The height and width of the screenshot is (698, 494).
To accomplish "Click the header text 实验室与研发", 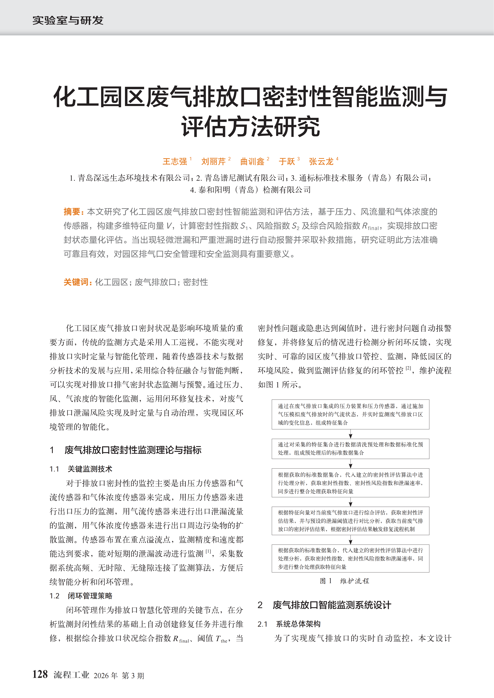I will [x=68, y=20].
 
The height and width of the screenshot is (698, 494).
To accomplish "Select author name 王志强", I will [x=175, y=161].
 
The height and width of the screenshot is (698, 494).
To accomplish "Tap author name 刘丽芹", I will [x=213, y=161].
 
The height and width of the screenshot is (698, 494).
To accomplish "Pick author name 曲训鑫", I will [x=252, y=161].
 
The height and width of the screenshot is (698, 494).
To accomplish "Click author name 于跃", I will [x=287, y=161].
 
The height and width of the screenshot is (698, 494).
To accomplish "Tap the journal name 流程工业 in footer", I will [x=72, y=675].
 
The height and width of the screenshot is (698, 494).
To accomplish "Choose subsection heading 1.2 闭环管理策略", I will [x=81, y=596].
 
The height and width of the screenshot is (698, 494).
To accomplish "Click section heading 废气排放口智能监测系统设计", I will [x=332, y=605].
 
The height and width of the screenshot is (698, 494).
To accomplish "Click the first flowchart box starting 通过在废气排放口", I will [x=350, y=414].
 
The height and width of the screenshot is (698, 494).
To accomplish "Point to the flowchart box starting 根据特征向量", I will [x=350, y=521].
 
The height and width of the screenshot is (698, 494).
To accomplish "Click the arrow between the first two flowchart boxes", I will [x=351, y=434].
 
